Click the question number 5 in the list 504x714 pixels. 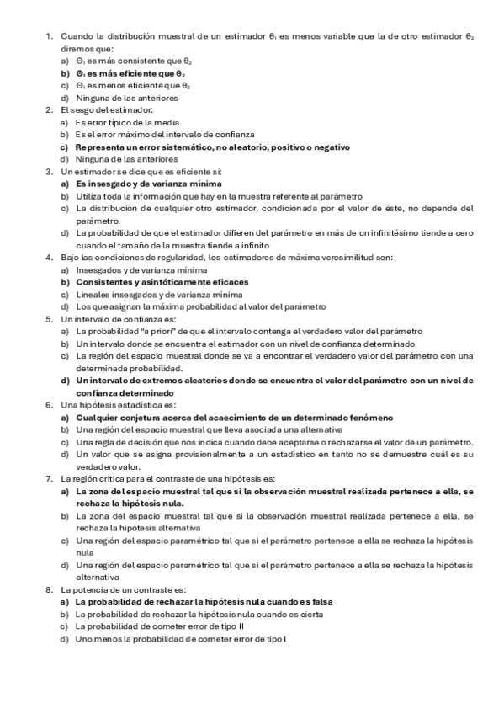[x=49, y=320]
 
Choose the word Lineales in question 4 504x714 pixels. [x=92, y=295]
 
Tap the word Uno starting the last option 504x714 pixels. [x=82, y=640]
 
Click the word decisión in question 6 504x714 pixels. [x=150, y=443]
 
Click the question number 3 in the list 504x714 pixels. [x=49, y=172]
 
